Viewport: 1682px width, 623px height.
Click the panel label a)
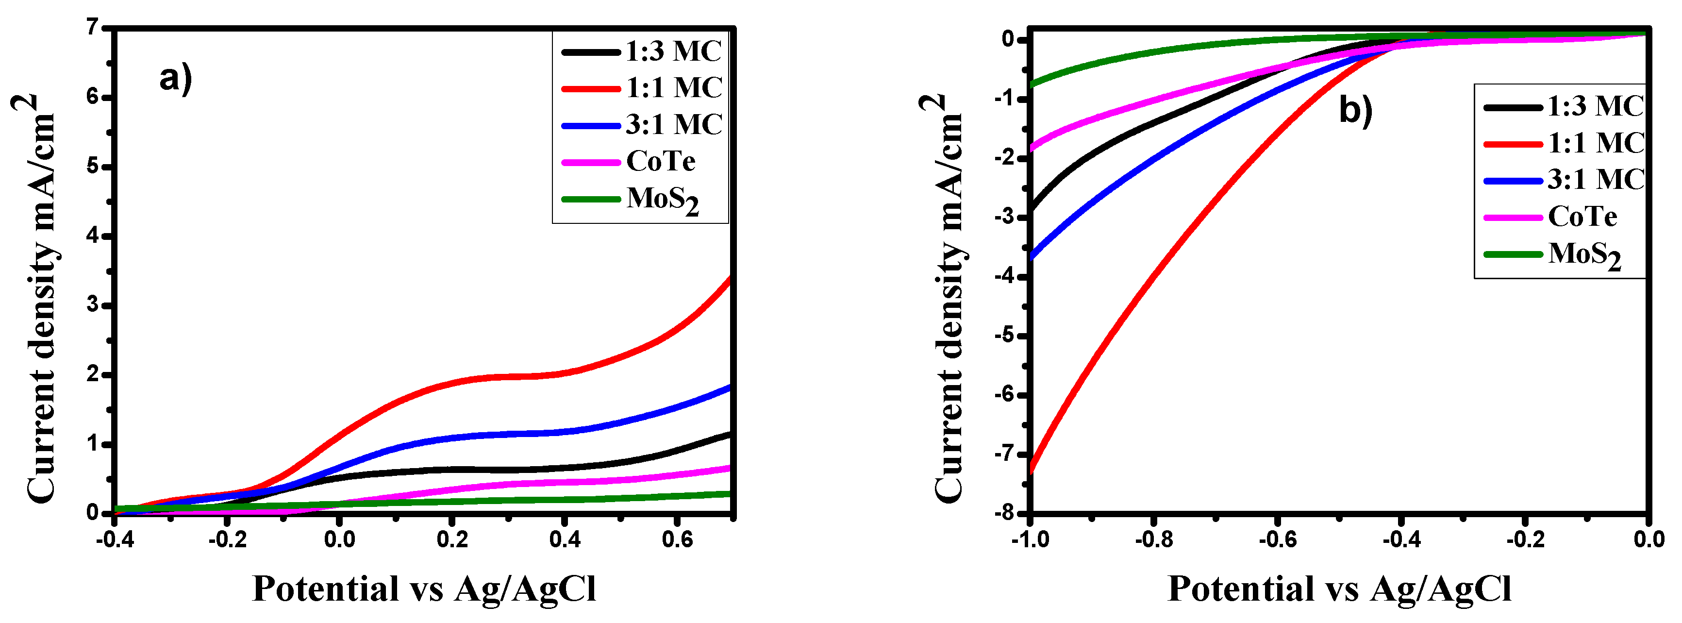point(175,79)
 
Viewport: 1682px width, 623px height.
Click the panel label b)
point(1355,109)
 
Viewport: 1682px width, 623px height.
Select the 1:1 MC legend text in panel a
point(674,87)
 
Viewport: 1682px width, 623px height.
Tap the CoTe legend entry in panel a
point(660,161)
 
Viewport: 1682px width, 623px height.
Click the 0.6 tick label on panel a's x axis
point(677,539)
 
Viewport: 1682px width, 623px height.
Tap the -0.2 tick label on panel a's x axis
point(227,539)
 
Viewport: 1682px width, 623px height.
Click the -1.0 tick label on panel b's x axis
point(1031,539)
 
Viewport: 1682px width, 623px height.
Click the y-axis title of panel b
point(949,298)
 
